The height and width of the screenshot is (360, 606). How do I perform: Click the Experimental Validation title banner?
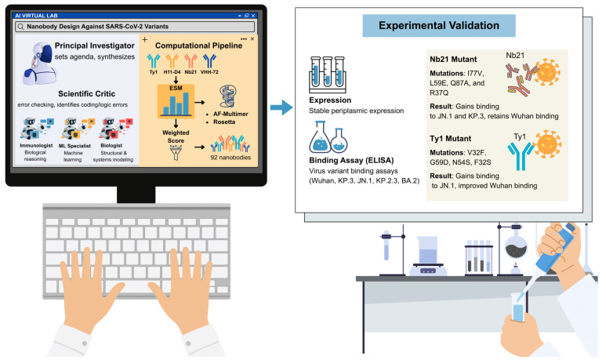(x=439, y=26)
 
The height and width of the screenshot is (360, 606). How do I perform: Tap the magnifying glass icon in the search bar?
(x=20, y=27)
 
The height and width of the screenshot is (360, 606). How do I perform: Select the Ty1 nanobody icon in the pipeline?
(x=154, y=61)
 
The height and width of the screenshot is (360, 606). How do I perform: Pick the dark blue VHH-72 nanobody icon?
(x=209, y=61)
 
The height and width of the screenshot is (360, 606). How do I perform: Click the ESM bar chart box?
(x=176, y=101)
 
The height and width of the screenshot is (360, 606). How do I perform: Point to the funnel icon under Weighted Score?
(x=176, y=153)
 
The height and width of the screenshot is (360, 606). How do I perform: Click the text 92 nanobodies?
(x=230, y=158)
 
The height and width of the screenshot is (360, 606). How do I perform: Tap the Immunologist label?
(x=36, y=145)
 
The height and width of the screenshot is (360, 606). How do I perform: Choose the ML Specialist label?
(x=74, y=146)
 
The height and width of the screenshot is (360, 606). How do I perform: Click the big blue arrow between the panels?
(x=281, y=107)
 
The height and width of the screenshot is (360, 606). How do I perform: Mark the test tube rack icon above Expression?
(x=328, y=75)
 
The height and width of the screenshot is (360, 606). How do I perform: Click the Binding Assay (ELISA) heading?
(x=351, y=161)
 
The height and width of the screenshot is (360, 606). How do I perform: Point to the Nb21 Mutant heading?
(x=453, y=60)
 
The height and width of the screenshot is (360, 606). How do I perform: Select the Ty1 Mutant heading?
(x=451, y=139)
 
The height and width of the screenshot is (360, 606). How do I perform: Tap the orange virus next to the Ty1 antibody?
(x=548, y=144)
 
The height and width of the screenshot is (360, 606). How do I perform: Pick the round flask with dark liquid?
(x=516, y=248)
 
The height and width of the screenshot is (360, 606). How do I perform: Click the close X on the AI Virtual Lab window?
(x=253, y=16)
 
